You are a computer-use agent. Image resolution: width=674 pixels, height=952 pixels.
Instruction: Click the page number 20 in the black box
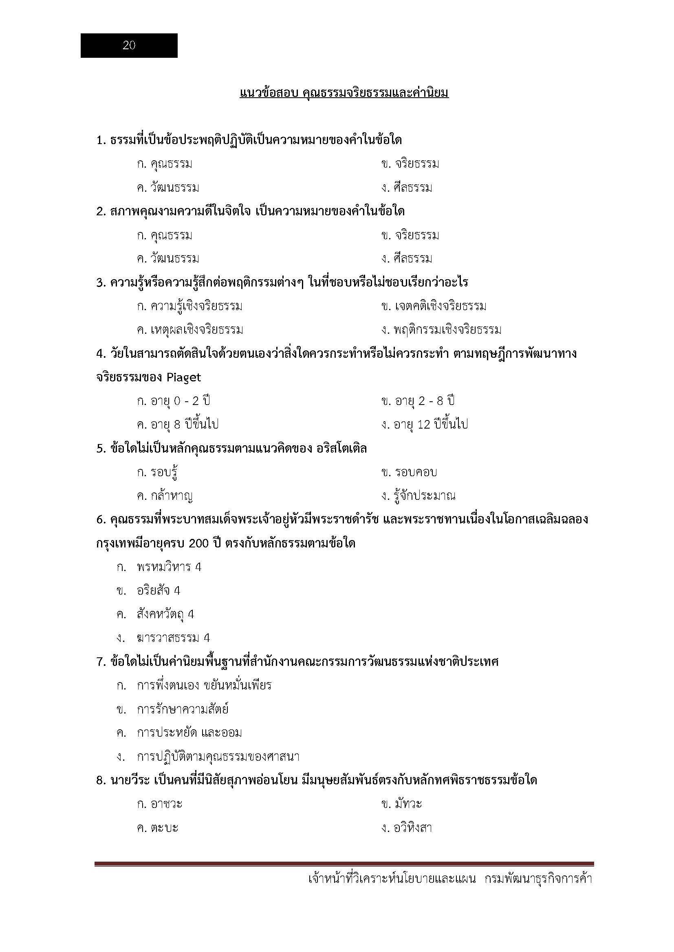tap(129, 46)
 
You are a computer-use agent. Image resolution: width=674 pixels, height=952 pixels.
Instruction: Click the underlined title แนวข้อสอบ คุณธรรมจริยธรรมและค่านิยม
tap(344, 93)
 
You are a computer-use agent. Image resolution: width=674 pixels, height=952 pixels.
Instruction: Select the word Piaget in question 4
tap(183, 378)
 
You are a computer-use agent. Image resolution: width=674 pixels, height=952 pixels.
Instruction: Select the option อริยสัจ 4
tap(159, 591)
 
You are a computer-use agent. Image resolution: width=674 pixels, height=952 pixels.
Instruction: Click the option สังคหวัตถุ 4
tap(165, 615)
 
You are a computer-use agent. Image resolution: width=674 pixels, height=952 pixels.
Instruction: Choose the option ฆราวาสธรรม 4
tap(173, 638)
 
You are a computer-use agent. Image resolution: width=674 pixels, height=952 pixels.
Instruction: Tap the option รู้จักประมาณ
tap(418, 496)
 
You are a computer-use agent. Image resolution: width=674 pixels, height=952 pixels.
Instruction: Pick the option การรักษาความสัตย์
tap(183, 709)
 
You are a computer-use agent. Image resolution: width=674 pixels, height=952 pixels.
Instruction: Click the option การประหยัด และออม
tap(189, 733)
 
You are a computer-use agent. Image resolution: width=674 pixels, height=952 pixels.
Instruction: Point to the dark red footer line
tap(344, 864)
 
